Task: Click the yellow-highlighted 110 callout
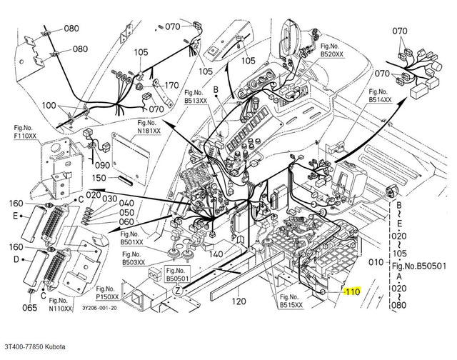coord(353,291)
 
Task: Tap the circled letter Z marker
coord(178,291)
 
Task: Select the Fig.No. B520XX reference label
coord(332,50)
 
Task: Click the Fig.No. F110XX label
coord(26,131)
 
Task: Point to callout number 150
coord(99,178)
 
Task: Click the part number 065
coord(30,308)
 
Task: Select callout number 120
coord(239,301)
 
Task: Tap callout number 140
coord(216,254)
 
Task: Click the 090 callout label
coord(103,165)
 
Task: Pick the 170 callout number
coord(171,86)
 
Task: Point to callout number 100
coord(49,105)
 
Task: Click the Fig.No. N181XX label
coord(149,127)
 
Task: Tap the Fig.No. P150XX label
coord(108,293)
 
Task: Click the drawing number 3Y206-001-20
coord(99,308)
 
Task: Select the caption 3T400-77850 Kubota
coord(35,346)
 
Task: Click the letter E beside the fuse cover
coord(15,216)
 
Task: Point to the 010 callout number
coord(376,262)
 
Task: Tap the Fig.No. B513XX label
coord(196,96)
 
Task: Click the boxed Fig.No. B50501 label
coord(178,274)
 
